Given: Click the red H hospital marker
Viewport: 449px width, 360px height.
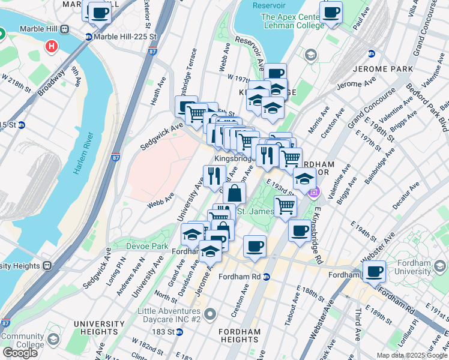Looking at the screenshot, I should (x=52, y=46).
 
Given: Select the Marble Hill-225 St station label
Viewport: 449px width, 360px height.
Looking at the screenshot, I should (x=125, y=37).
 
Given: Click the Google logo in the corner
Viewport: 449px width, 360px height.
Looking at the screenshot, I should (x=20, y=353).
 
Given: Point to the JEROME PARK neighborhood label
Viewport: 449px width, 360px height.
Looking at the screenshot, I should (x=384, y=69).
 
